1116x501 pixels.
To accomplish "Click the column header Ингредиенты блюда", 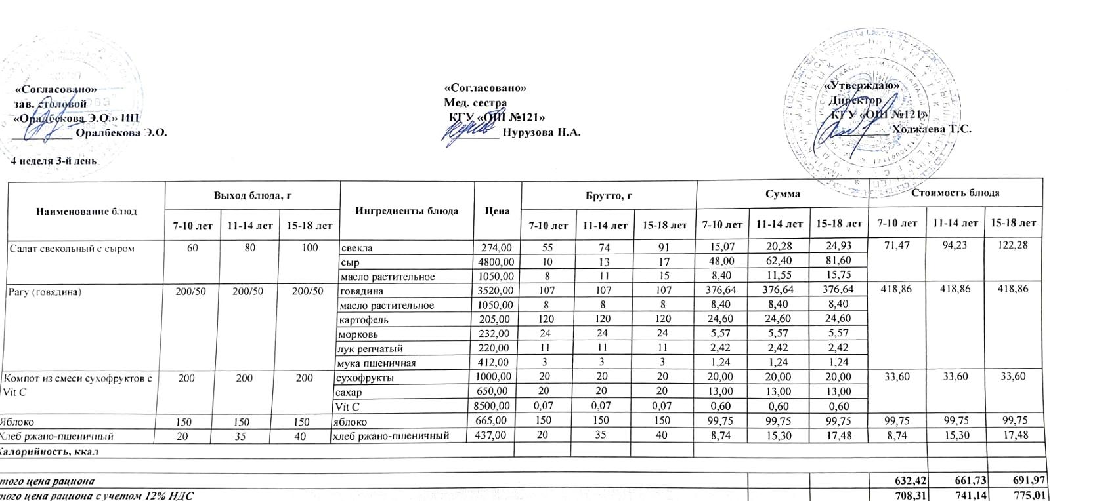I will pos(406,210).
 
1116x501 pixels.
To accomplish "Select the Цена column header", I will pos(497,211).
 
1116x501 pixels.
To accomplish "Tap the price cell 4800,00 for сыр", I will pos(496,262).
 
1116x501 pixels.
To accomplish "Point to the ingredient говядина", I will pos(361,291).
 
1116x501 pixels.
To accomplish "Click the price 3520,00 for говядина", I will pos(496,291).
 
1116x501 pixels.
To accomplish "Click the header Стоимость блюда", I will pos(955,192).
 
